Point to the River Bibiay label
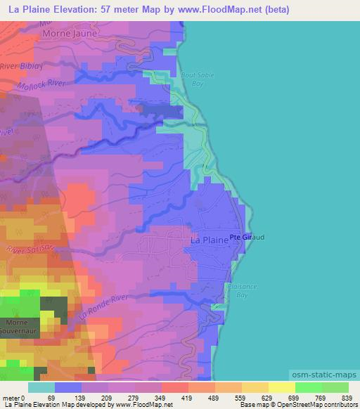pyautogui.click(x=22, y=66)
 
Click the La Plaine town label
pyautogui.click(x=210, y=240)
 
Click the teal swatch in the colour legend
pyautogui.click(x=41, y=388)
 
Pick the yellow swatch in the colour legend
pyautogui.click(x=281, y=388)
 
